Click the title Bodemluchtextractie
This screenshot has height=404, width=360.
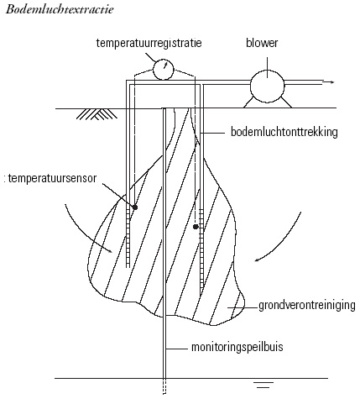pyautogui.click(x=60, y=9)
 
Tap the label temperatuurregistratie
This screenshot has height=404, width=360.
pyautogui.click(x=149, y=43)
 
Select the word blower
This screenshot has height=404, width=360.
pyautogui.click(x=262, y=43)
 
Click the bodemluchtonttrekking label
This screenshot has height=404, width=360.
pyautogui.click(x=284, y=132)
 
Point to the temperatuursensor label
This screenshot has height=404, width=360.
pyautogui.click(x=52, y=178)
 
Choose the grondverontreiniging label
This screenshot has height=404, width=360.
pyautogui.click(x=307, y=306)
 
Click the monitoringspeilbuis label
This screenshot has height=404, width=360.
pyautogui.click(x=237, y=347)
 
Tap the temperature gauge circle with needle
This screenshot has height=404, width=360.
pyautogui.click(x=164, y=69)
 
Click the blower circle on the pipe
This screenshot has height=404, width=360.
pyautogui.click(x=267, y=86)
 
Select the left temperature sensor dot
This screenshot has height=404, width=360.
pyautogui.click(x=135, y=207)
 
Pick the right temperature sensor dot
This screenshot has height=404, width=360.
pyautogui.click(x=196, y=227)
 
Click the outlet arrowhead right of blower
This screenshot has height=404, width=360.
pyautogui.click(x=331, y=82)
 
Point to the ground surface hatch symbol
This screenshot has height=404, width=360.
pyautogui.click(x=97, y=114)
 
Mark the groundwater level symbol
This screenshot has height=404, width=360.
pyautogui.click(x=264, y=385)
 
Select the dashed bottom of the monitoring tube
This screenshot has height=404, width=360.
pyautogui.click(x=164, y=386)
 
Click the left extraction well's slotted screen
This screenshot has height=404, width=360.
pyautogui.click(x=128, y=238)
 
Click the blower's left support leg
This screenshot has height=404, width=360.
pyautogui.click(x=248, y=102)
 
